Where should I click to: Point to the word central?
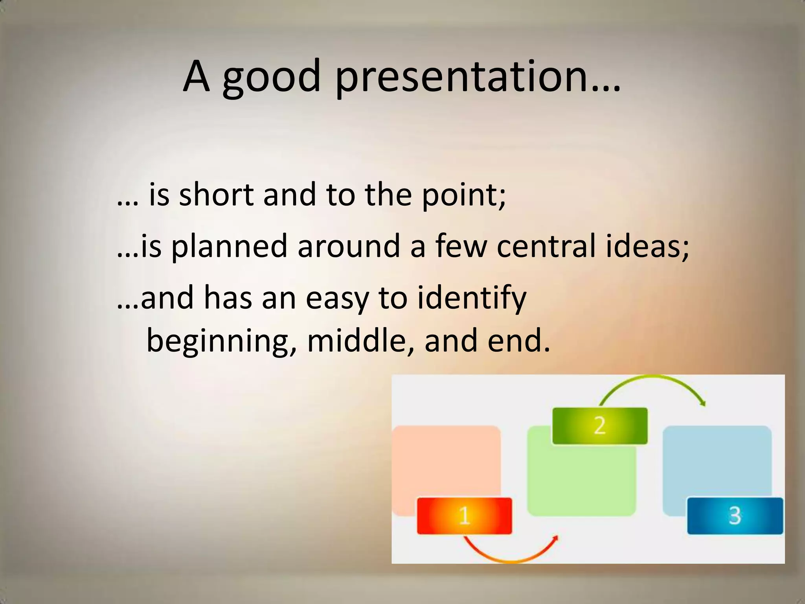pyautogui.click(x=546, y=246)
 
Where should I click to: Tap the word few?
pyautogui.click(x=461, y=246)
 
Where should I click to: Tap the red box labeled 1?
pyautogui.click(x=464, y=516)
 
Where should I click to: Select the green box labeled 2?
pyautogui.click(x=600, y=426)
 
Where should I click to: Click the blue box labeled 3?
pyautogui.click(x=735, y=516)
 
